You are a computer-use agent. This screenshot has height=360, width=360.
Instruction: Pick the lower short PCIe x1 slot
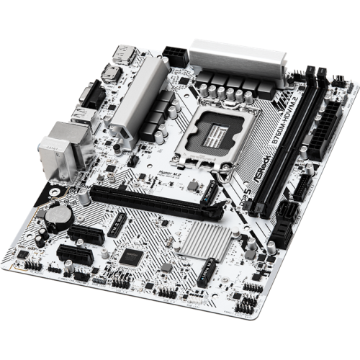pyautogui.click(x=72, y=254)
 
